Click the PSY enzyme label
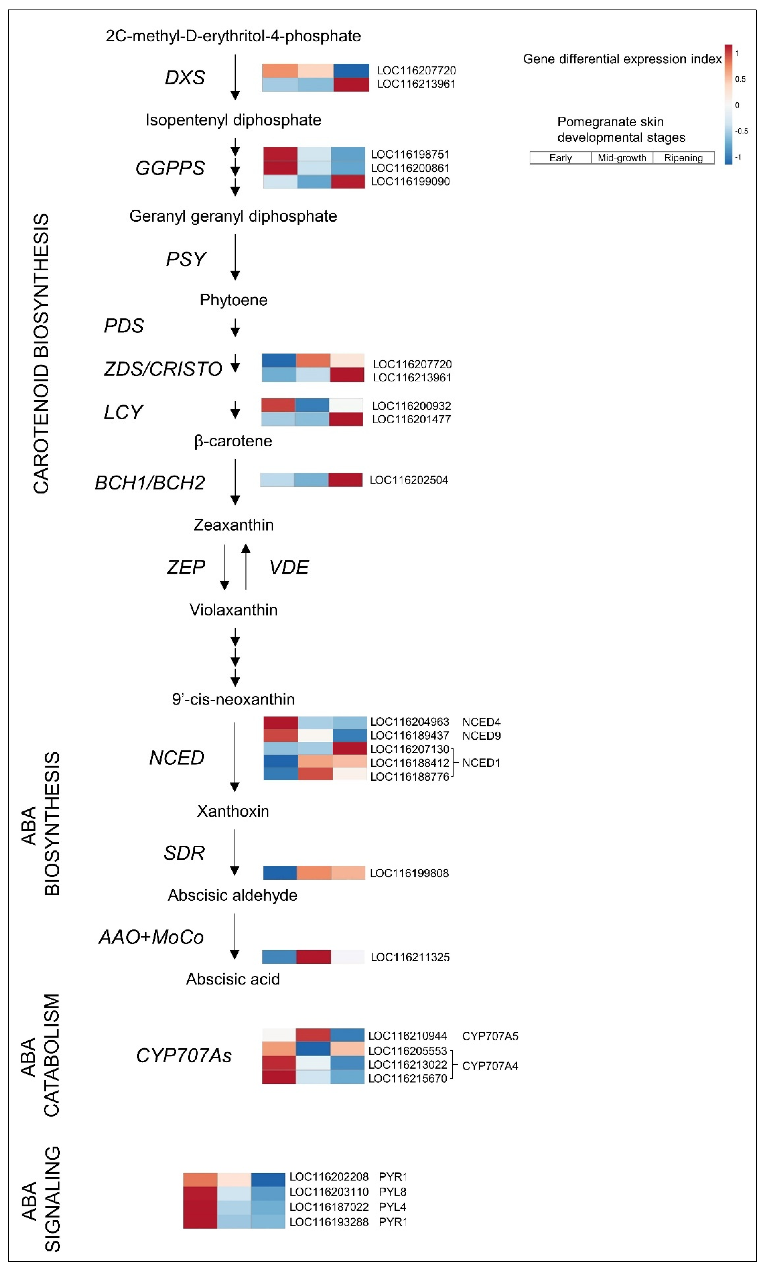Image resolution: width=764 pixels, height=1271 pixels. tap(186, 259)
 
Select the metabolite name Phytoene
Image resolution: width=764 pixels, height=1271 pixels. tap(233, 300)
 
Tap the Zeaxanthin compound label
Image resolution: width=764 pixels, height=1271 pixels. tap(233, 525)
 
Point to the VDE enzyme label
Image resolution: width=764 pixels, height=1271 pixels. tap(289, 567)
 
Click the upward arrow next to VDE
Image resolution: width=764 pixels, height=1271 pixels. tap(246, 566)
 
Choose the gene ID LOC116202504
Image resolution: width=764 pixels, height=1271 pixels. tap(409, 480)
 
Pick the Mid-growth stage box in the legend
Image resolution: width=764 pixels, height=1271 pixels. tap(622, 158)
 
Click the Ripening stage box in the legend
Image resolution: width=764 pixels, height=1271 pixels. tap(683, 158)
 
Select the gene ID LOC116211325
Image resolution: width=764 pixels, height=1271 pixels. tap(410, 957)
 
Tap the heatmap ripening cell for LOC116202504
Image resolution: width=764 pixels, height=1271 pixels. tap(346, 480)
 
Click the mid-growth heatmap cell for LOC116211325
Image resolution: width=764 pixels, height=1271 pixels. tap(314, 957)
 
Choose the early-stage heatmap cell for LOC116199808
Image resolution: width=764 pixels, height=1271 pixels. tap(280, 873)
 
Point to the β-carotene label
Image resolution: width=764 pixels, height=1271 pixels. tap(233, 441)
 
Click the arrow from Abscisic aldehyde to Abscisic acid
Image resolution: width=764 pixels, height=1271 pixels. tap(235, 937)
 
